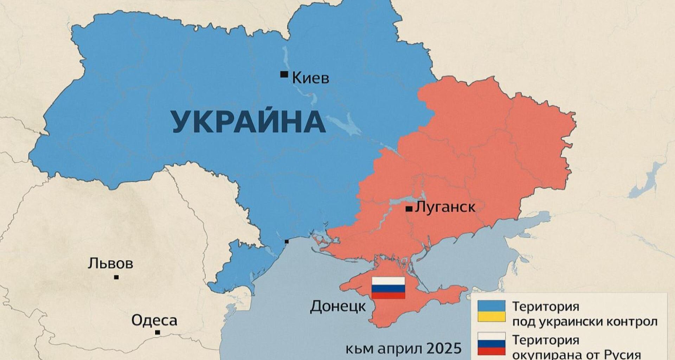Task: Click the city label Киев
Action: (x=311, y=78)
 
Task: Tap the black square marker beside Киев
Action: (x=284, y=74)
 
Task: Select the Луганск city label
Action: (x=445, y=207)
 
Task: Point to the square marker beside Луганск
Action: (x=409, y=209)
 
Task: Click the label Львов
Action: (x=111, y=263)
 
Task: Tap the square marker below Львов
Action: (x=116, y=277)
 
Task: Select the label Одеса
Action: (x=154, y=320)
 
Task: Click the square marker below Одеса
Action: (x=157, y=332)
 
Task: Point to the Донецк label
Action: (x=338, y=307)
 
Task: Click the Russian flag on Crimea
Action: (x=388, y=288)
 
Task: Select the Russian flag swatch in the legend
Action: (x=491, y=347)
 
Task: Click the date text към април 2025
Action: (x=403, y=349)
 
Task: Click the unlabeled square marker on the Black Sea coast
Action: (x=287, y=242)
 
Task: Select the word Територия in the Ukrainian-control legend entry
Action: (x=545, y=306)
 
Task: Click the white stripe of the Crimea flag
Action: (x=388, y=281)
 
